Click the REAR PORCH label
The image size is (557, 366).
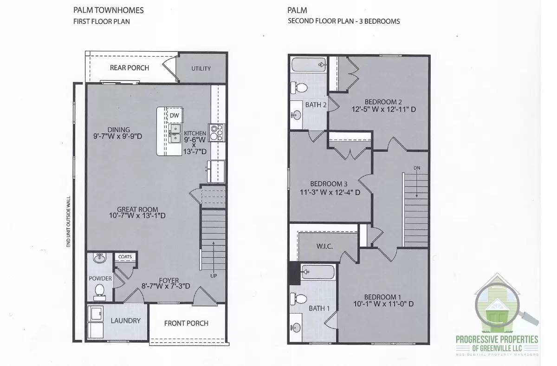[x=130, y=68]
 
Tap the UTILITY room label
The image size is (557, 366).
[x=201, y=68]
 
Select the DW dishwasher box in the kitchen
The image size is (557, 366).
[x=174, y=115]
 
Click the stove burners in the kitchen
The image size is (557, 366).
[x=216, y=132]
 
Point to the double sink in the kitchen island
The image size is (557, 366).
[x=175, y=133]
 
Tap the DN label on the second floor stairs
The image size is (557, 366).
[x=416, y=168]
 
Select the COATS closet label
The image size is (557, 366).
[x=125, y=257]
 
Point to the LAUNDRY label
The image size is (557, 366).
[x=125, y=320]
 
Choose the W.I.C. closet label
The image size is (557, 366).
[x=325, y=246]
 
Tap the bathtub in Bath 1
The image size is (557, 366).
[x=318, y=272]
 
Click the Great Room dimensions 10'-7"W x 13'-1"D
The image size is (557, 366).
[x=137, y=216]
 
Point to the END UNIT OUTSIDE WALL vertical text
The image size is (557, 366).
[x=68, y=221]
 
